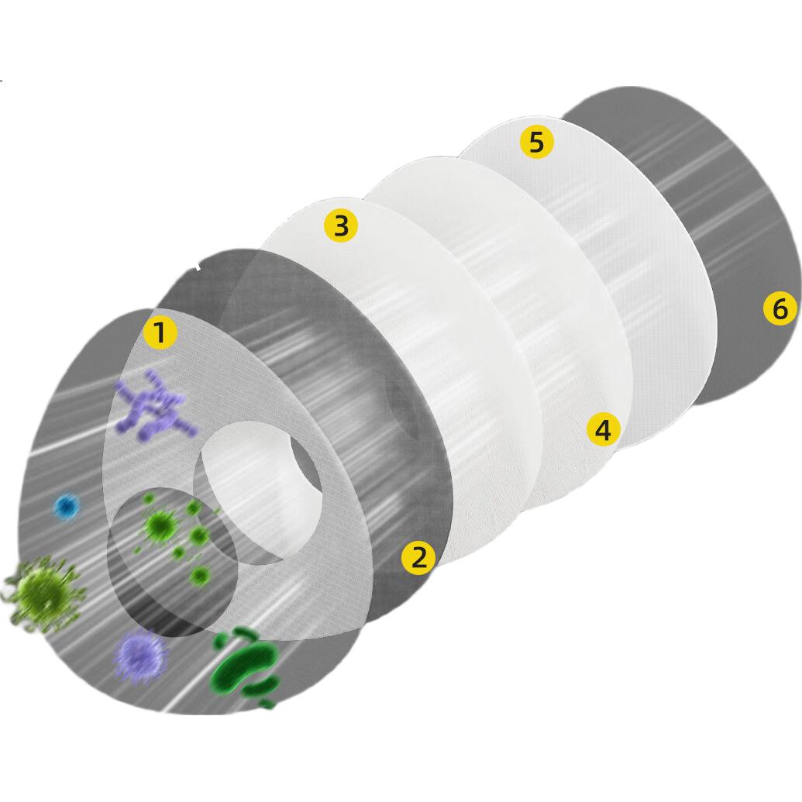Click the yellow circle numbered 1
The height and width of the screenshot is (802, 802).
pos(160,333)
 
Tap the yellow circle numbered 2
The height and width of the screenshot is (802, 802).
pos(418,557)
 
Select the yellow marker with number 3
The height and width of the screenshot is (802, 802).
pos(341,225)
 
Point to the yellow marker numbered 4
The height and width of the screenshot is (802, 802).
pos(604,429)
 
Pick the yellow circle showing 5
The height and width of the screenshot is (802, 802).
pos(536,142)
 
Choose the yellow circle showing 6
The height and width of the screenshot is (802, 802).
pos(780,308)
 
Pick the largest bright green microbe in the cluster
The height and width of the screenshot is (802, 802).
pos(161,525)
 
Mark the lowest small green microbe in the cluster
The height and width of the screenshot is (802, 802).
pos(200,576)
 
